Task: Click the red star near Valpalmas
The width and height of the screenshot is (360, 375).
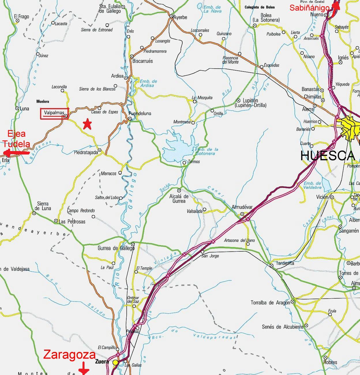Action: (87, 124)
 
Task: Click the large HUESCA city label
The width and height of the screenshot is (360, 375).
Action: (327, 156)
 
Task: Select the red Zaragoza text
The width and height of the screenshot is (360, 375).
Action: (69, 355)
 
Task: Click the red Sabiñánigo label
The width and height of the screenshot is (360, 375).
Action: (309, 8)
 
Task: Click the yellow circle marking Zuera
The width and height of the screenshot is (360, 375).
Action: (115, 362)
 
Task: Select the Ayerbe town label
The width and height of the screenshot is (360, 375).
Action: (180, 17)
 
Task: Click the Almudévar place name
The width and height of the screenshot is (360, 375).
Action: (242, 207)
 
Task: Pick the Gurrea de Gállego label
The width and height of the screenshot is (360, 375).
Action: (116, 248)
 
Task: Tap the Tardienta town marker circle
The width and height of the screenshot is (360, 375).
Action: (271, 265)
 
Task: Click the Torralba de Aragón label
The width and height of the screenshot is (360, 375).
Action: (270, 303)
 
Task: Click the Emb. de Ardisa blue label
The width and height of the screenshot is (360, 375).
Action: (148, 83)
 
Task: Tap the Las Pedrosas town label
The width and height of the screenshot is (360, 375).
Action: (72, 222)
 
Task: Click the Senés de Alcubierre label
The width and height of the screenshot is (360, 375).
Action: (282, 327)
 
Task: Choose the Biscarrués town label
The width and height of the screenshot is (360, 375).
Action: (142, 61)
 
